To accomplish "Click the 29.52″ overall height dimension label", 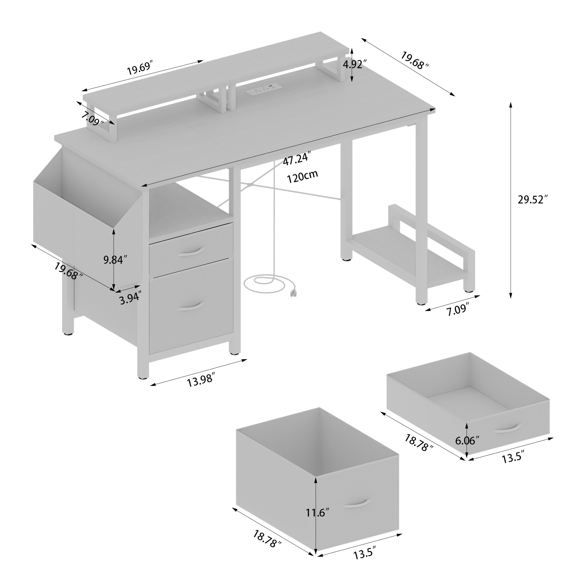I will (x=533, y=200).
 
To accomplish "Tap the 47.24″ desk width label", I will (x=297, y=159).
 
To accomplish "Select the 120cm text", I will (x=302, y=177).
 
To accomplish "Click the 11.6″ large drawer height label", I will (x=317, y=512).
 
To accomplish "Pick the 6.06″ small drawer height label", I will (x=466, y=441).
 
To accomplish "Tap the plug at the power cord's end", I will (x=292, y=293).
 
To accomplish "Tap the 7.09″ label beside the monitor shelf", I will (x=93, y=119).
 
